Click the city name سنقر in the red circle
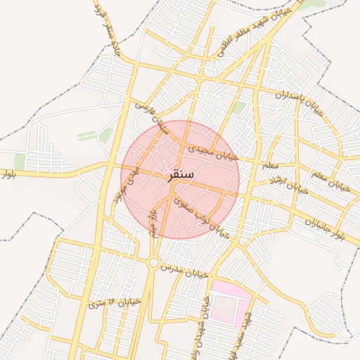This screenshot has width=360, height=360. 181,174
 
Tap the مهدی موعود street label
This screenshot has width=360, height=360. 126,181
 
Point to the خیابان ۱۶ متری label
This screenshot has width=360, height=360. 115,303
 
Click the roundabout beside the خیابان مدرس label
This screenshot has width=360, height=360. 153,263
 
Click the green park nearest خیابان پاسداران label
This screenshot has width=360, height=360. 240,108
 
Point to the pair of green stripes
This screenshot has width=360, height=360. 86,136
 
